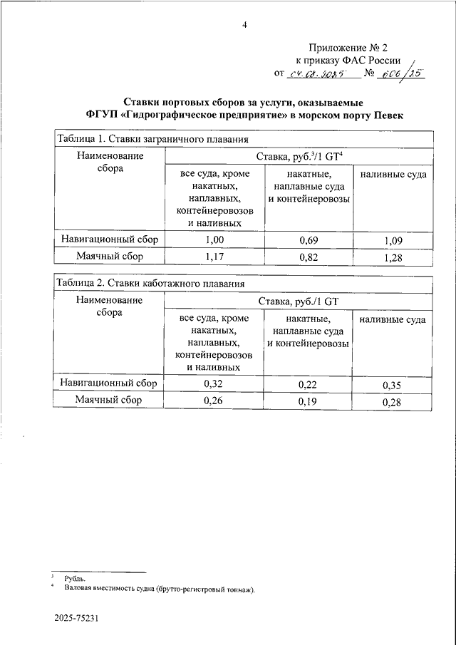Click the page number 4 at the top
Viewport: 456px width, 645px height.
coord(244,25)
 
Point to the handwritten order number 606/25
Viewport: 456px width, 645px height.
coord(401,73)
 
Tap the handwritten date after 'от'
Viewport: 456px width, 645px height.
coord(316,73)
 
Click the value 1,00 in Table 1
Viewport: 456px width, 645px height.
coord(214,239)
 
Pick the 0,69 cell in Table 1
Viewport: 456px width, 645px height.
coord(309,239)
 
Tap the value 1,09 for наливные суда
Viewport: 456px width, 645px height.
coord(393,241)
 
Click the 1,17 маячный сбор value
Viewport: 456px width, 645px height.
coord(214,257)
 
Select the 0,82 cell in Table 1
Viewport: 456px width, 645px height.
coord(309,257)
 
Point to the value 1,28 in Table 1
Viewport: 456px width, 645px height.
coord(393,258)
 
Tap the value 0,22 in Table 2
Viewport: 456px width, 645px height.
coord(309,385)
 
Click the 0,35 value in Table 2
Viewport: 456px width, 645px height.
coord(393,386)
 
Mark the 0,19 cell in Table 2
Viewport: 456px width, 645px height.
coord(309,402)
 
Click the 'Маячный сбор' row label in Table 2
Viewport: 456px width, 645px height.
coord(109,401)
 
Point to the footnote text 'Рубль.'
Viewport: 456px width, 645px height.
coord(74,578)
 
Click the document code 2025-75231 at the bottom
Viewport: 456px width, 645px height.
coord(76,619)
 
